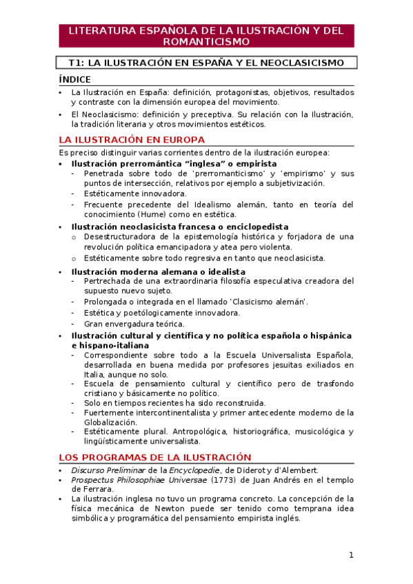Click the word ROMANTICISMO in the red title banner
206,41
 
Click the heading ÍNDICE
75,80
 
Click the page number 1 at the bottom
350,555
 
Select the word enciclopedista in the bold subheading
255,227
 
